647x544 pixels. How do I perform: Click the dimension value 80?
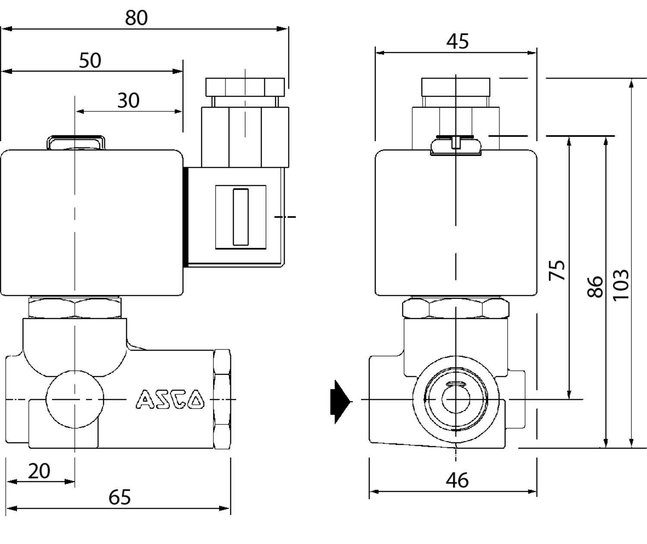point(136,18)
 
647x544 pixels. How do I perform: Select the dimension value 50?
point(90,60)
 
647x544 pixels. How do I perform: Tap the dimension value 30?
point(129,100)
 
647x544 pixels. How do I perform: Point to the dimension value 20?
point(39,471)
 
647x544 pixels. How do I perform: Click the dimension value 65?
point(119,497)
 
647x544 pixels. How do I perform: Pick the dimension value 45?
point(457,41)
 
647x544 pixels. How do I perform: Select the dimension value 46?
point(457,480)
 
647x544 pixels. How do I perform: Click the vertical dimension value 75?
point(557,270)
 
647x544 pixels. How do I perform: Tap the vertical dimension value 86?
point(595,287)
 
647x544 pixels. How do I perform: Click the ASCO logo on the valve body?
point(170,399)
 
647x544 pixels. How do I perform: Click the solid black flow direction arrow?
point(341,401)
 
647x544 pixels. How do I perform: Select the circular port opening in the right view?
point(456,399)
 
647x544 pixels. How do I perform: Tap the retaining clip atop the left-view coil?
point(75,142)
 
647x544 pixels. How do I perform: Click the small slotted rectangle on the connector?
point(241,217)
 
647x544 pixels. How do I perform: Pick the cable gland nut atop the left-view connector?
point(245,87)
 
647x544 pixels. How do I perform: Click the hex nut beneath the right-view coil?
point(455,309)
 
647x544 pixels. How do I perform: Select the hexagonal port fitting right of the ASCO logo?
point(222,399)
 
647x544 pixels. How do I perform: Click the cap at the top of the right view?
point(455,87)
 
